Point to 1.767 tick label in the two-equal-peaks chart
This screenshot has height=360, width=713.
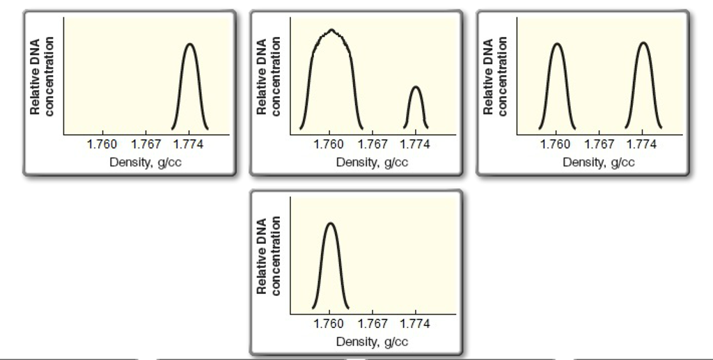pos(600,144)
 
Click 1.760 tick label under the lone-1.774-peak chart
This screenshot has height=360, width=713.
pos(102,144)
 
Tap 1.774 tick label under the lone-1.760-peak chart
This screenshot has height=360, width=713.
pos(416,324)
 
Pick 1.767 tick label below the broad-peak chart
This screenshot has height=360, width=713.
pos(373,144)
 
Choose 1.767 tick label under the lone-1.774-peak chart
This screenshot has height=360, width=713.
pos(146,144)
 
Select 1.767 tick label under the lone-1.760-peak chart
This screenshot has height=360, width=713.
pos(373,324)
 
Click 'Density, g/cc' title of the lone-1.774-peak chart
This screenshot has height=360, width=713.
pos(146,162)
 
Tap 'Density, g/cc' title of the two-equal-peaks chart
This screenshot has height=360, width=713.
pos(599,162)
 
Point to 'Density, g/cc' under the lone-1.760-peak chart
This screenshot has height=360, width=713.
pos(372,342)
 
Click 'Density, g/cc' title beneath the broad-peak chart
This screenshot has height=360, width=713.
pos(372,162)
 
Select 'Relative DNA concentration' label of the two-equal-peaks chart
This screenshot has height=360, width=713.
pos(494,77)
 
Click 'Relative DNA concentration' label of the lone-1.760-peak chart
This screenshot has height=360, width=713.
pos(267,256)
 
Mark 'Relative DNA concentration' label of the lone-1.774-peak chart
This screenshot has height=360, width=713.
pos(40,77)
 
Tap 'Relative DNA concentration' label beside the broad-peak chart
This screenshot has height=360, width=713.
pos(267,77)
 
